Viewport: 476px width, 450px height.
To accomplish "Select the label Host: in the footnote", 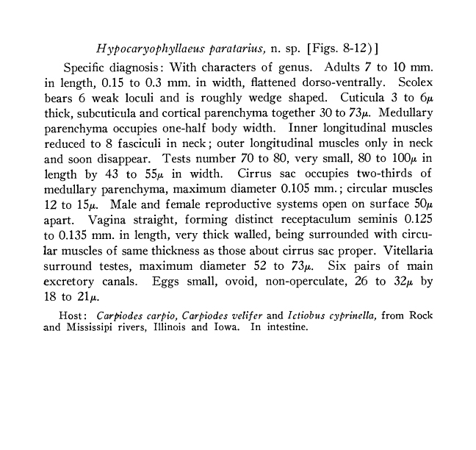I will [74, 315].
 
